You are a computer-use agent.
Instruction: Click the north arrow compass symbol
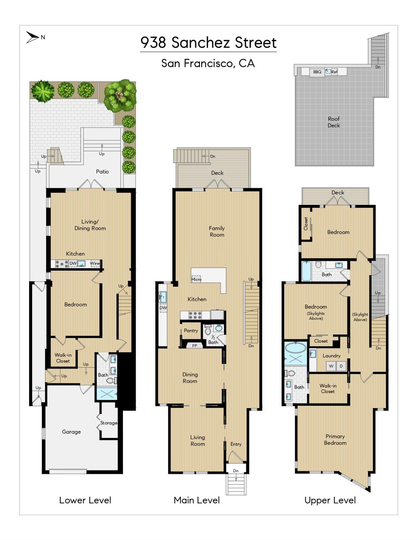32,37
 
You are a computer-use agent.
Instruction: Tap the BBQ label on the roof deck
317,72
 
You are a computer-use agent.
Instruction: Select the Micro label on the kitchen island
196,279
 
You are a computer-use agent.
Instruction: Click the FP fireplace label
195,346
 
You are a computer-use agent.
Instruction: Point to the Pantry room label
191,330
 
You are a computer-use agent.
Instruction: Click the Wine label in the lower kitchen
95,263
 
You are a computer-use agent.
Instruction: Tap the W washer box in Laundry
331,366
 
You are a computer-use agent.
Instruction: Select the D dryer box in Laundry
341,366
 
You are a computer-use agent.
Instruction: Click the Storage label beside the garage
109,423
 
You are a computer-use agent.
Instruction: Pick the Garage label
71,432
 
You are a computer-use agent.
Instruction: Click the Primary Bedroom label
335,439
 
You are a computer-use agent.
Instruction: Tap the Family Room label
217,231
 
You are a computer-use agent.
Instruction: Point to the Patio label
102,171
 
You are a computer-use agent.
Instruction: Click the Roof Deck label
334,122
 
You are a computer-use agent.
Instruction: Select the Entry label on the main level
236,444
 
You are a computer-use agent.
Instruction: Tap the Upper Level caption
330,500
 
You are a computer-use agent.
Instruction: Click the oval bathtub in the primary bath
295,347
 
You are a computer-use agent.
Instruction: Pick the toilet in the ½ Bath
208,330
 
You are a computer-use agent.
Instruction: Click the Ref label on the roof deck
334,72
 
